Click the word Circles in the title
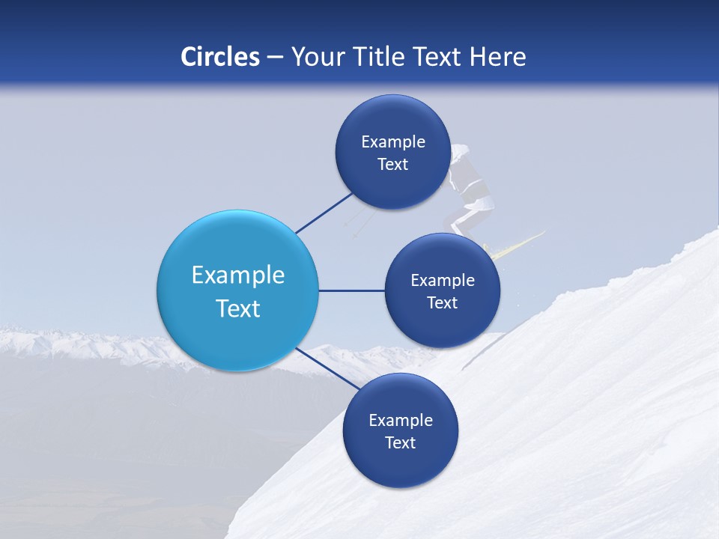pos(219,57)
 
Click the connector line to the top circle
pos(325,212)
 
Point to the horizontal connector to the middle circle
pos(351,290)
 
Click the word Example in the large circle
pos(238,275)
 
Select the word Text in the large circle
pos(238,308)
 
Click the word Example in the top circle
pos(393,141)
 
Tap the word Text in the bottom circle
pos(401,442)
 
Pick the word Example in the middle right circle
pos(443,280)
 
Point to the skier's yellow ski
pos(517,246)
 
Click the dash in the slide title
pos(275,58)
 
